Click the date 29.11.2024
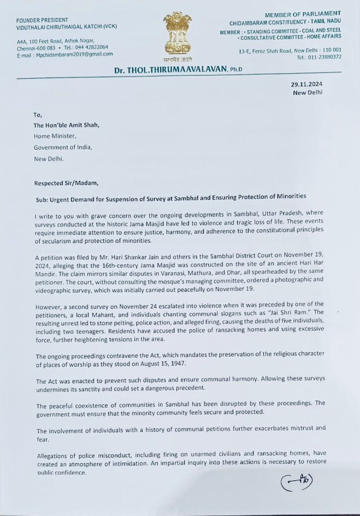tap(306, 84)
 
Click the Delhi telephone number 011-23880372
tap(326, 57)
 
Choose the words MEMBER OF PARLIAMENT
tap(309, 14)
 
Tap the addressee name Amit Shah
tap(85, 125)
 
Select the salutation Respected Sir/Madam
tap(62, 183)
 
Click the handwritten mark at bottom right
tap(297, 482)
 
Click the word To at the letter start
tap(38, 114)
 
